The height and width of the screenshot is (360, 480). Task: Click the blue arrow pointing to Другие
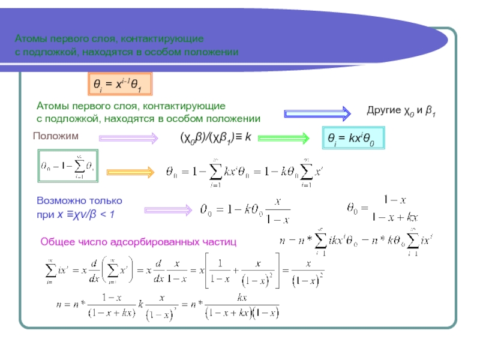(x=317, y=113)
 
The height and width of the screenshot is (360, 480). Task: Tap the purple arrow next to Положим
(x=129, y=139)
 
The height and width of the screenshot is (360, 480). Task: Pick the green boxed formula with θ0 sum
(x=67, y=167)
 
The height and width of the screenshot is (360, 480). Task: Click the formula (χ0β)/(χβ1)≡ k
(x=215, y=137)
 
